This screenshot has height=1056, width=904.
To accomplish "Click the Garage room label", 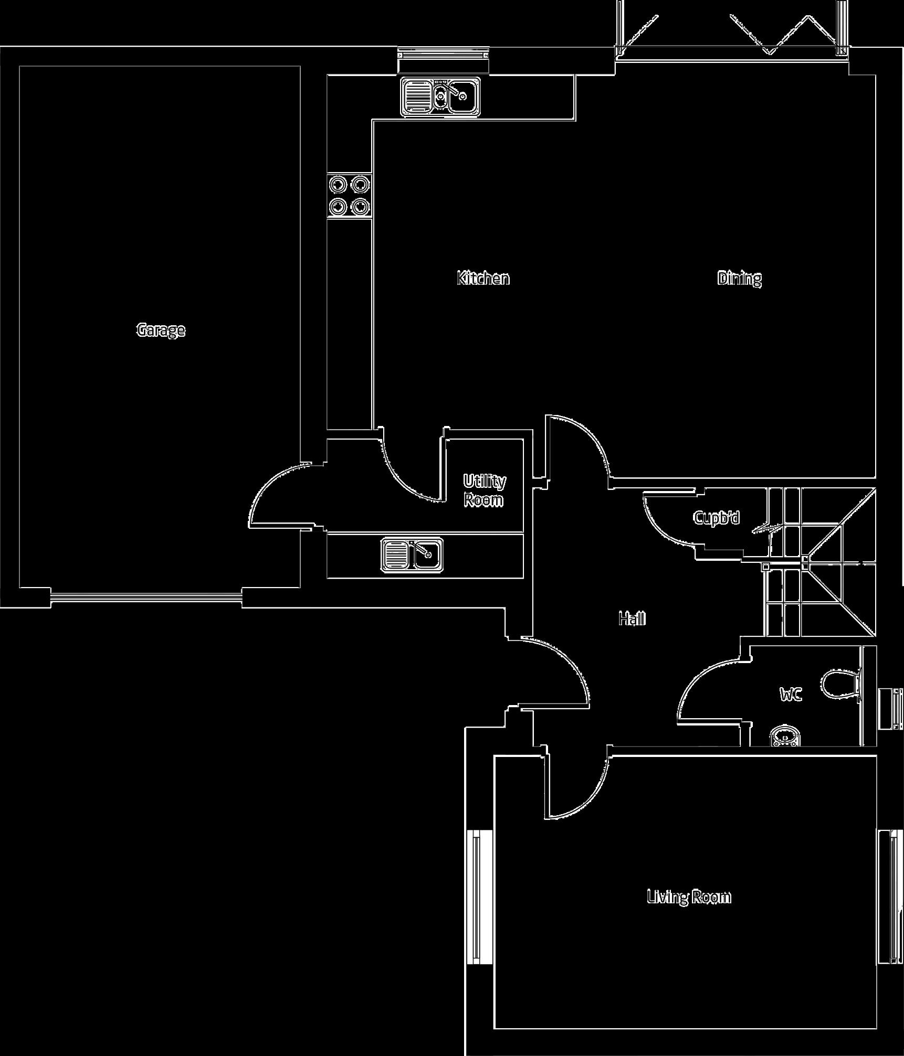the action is tap(161, 330).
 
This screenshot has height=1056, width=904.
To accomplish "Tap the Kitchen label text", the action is tap(483, 278).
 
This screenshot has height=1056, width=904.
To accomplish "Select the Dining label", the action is tap(739, 278).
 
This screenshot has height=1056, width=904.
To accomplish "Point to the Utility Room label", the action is tap(484, 490).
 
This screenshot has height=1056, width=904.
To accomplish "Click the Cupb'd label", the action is tap(716, 518).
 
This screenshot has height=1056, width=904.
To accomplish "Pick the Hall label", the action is tap(632, 619).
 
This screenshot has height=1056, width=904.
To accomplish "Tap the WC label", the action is tap(791, 696).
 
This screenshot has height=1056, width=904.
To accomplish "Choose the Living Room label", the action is tap(689, 897).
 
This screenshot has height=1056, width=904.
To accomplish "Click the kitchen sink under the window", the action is tap(441, 96).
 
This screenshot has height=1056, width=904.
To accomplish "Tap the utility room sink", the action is tap(412, 554).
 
